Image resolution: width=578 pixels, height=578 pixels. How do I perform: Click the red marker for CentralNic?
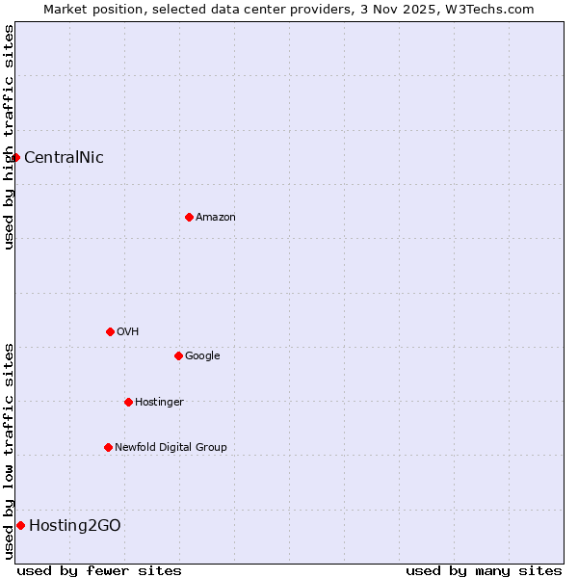click(16, 157)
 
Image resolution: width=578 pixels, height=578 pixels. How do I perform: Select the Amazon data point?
click(189, 217)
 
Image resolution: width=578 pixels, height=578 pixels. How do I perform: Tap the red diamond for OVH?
click(110, 331)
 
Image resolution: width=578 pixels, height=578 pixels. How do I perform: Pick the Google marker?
click(178, 355)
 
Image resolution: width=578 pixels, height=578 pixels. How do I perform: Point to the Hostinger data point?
click(128, 402)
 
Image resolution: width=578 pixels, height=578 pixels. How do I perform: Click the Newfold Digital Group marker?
click(108, 447)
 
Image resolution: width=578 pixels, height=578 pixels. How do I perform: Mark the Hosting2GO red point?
click(20, 525)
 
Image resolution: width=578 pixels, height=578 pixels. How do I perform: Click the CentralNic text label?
click(64, 158)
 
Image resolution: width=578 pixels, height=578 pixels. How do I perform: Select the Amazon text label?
click(216, 218)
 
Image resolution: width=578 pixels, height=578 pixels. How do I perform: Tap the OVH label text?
click(128, 332)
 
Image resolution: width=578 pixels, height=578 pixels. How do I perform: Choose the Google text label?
click(202, 356)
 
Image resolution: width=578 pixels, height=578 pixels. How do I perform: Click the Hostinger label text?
click(159, 403)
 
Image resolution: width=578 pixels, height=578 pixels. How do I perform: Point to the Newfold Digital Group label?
click(171, 448)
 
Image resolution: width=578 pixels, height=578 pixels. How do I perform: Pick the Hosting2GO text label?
click(75, 526)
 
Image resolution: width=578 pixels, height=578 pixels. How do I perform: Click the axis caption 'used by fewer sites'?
click(99, 570)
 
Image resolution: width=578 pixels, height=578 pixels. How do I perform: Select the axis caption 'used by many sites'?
click(484, 570)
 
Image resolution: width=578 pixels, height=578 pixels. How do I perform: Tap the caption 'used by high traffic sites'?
click(10, 137)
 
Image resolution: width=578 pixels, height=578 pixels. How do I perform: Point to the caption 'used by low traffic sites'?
click(10, 451)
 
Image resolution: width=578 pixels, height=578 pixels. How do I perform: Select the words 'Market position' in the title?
click(90, 9)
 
